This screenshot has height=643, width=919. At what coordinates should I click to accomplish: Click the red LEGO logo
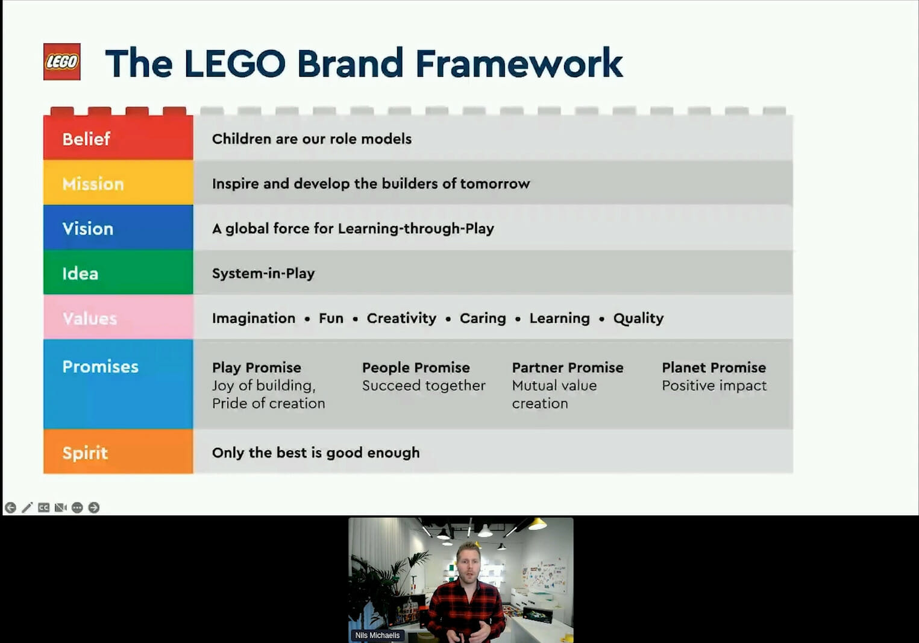click(62, 61)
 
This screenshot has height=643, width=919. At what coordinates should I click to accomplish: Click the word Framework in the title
click(519, 63)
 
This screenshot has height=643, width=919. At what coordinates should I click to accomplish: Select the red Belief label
click(86, 139)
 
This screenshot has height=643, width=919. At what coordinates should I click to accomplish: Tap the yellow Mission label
click(93, 184)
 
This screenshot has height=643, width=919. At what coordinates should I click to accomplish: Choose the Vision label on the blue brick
click(88, 228)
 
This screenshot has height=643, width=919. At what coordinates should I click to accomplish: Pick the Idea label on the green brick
click(80, 273)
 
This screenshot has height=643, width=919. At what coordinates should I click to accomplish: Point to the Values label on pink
click(90, 318)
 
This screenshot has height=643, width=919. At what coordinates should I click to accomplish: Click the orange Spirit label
click(85, 453)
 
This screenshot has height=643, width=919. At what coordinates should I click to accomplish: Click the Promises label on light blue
click(101, 366)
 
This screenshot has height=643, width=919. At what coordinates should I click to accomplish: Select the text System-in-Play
click(263, 273)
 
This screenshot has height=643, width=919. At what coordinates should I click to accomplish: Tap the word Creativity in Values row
click(401, 318)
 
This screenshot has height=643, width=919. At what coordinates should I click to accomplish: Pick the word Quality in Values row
click(638, 318)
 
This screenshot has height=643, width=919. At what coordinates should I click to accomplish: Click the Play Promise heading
click(257, 368)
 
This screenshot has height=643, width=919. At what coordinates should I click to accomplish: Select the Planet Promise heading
click(714, 368)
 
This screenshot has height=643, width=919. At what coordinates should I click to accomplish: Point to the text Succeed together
click(424, 386)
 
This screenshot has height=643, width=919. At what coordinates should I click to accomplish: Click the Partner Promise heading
click(568, 368)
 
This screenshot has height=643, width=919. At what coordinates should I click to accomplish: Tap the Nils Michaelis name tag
click(377, 635)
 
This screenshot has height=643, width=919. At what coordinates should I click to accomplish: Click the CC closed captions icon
click(43, 507)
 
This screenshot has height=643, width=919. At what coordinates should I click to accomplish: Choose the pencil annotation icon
click(27, 507)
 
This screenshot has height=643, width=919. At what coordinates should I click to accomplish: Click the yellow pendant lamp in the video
click(536, 524)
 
